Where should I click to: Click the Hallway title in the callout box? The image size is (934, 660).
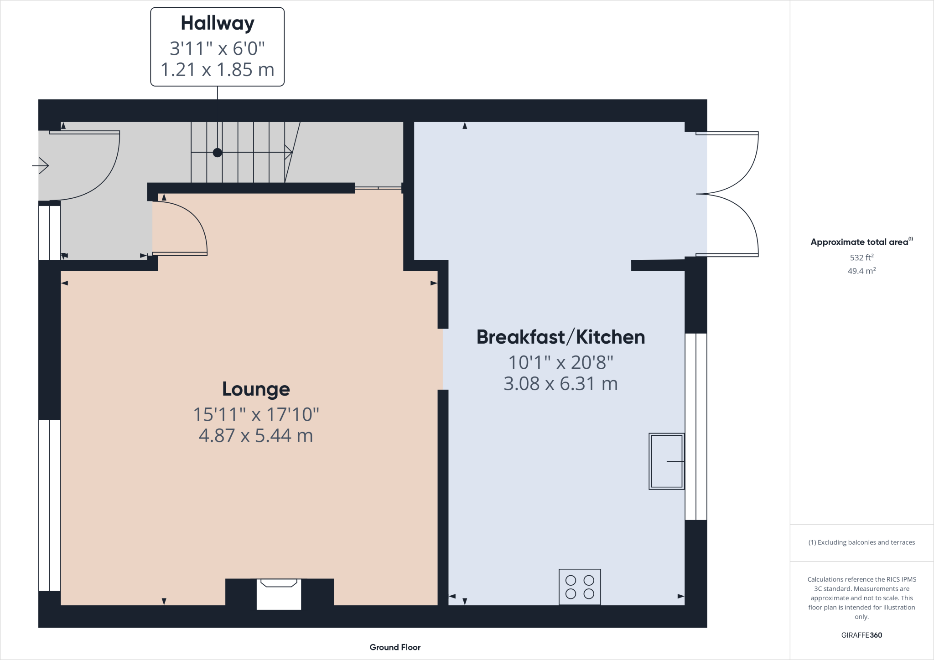[x=218, y=23]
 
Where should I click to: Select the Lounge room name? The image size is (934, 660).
[x=256, y=389]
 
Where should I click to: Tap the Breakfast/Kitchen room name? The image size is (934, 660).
[x=560, y=337]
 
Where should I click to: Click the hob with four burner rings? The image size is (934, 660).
[x=580, y=587]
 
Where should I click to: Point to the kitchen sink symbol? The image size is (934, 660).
[x=666, y=461]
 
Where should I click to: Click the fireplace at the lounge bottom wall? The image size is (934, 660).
[x=279, y=594]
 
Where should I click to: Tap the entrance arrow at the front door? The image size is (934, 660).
[x=41, y=165]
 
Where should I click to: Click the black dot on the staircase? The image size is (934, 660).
[x=218, y=153]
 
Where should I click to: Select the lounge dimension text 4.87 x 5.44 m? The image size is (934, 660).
[x=256, y=436]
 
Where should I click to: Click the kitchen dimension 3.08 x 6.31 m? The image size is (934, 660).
[x=560, y=384]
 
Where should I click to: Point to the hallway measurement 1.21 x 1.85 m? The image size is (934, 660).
[x=218, y=70]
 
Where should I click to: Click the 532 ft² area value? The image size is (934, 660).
[x=861, y=258]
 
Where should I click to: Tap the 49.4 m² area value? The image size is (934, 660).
[x=861, y=271]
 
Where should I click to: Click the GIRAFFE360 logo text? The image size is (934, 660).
[x=861, y=635]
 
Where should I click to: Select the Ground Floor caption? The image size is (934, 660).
[x=395, y=647]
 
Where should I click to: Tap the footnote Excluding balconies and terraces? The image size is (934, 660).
[x=861, y=542]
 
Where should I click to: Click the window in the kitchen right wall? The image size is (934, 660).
[x=696, y=426]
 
